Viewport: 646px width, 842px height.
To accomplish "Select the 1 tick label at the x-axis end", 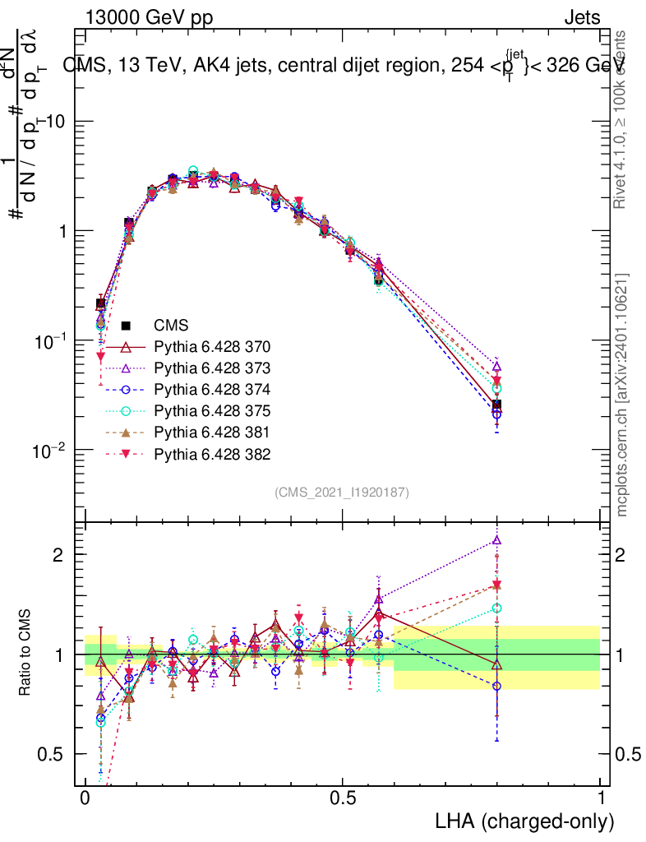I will pyautogui.click(x=601, y=798).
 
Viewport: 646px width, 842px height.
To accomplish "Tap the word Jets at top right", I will pyautogui.click(x=582, y=18).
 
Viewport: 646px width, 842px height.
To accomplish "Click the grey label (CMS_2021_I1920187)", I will pyautogui.click(x=342, y=493).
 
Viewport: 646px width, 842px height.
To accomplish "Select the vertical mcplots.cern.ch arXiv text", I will pyautogui.click(x=622, y=395).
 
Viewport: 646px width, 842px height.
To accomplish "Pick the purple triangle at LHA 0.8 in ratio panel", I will pyautogui.click(x=496, y=540).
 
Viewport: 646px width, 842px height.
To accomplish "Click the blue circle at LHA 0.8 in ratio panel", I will pyautogui.click(x=496, y=686).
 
